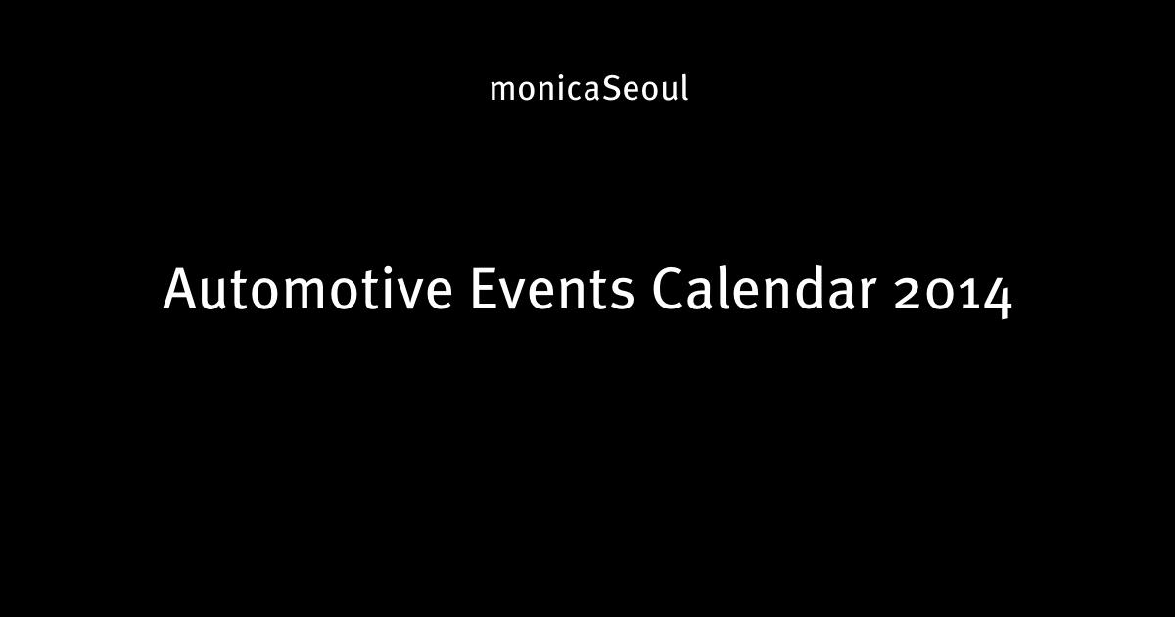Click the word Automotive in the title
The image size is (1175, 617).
307,289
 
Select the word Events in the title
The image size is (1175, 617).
552,289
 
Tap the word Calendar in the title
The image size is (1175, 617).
764,289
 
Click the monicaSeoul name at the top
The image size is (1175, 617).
589,88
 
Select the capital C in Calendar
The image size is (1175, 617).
669,289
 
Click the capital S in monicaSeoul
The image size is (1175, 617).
610,89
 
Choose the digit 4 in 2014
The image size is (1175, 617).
995,298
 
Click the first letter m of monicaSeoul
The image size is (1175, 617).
503,91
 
